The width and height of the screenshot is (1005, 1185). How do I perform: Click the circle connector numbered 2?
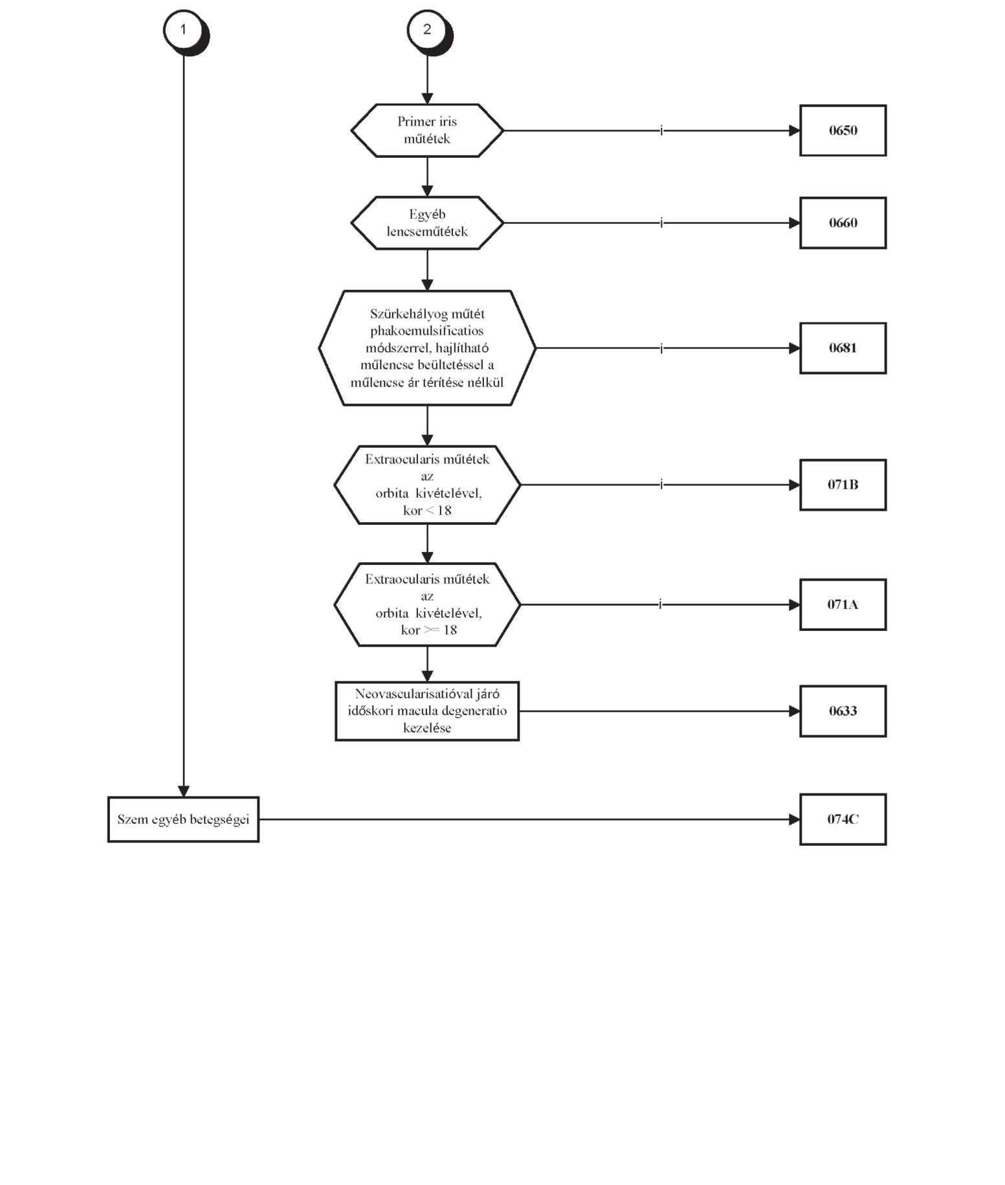click(428, 30)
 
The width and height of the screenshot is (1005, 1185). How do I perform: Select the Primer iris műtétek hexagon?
click(427, 130)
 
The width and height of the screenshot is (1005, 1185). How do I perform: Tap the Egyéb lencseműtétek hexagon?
click(427, 223)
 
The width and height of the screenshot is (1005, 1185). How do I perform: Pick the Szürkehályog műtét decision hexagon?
click(427, 348)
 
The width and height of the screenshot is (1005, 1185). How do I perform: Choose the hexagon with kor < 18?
click(427, 485)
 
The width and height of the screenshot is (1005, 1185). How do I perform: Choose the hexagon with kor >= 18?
click(427, 604)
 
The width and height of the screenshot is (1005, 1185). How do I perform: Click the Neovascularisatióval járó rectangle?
click(427, 711)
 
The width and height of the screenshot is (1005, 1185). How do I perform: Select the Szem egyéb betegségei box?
click(183, 819)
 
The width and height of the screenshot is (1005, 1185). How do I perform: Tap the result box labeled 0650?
click(843, 130)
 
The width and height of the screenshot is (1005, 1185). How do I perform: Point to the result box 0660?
click(843, 223)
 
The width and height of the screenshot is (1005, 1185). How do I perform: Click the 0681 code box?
click(843, 348)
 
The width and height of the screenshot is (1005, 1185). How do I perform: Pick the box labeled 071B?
click(843, 485)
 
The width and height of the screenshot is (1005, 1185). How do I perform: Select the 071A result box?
click(843, 604)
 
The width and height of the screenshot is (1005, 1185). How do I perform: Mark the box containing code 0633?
click(843, 711)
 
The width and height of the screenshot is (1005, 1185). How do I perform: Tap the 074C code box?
click(843, 819)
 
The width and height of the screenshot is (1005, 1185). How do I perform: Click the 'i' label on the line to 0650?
click(661, 130)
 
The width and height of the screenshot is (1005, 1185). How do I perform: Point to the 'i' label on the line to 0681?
click(661, 348)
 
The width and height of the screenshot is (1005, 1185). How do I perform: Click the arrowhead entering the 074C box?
click(795, 819)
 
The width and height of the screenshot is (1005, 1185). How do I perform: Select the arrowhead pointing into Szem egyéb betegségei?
click(184, 791)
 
